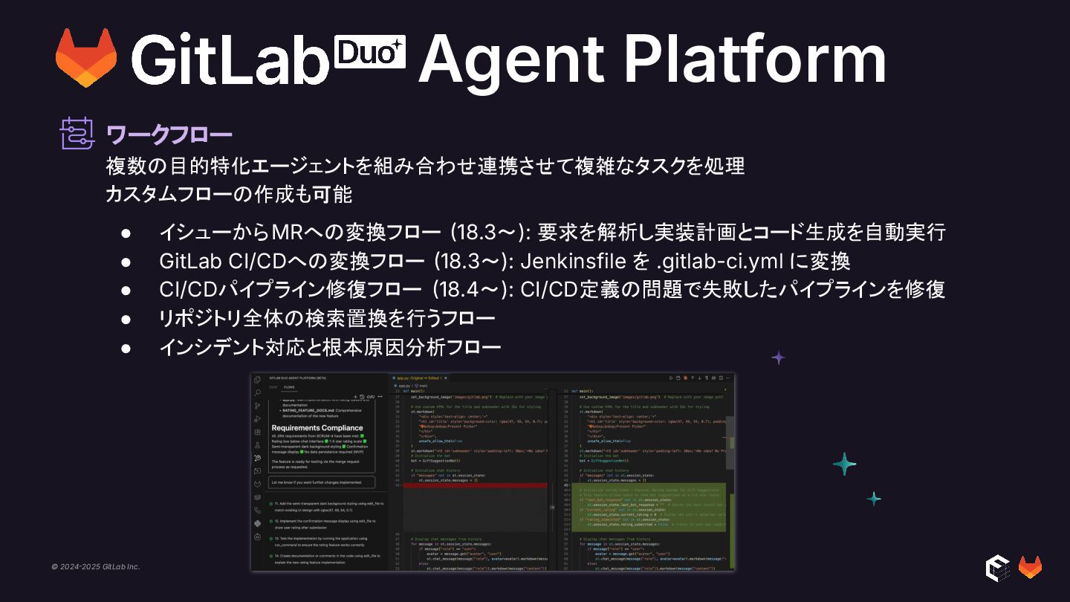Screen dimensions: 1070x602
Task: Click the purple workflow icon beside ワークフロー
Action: point(77,134)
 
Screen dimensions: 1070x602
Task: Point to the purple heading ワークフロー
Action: point(169,135)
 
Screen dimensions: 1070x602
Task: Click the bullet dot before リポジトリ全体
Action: point(126,319)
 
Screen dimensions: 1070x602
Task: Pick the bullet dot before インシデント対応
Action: point(126,347)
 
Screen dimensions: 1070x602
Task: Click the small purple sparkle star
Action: point(778,357)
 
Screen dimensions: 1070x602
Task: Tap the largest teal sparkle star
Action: point(844,464)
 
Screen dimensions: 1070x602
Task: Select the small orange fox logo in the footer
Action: point(1030,567)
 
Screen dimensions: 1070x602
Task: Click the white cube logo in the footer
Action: point(996,567)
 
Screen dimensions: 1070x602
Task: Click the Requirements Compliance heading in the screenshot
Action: point(317,427)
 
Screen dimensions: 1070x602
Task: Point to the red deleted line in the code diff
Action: point(476,485)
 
